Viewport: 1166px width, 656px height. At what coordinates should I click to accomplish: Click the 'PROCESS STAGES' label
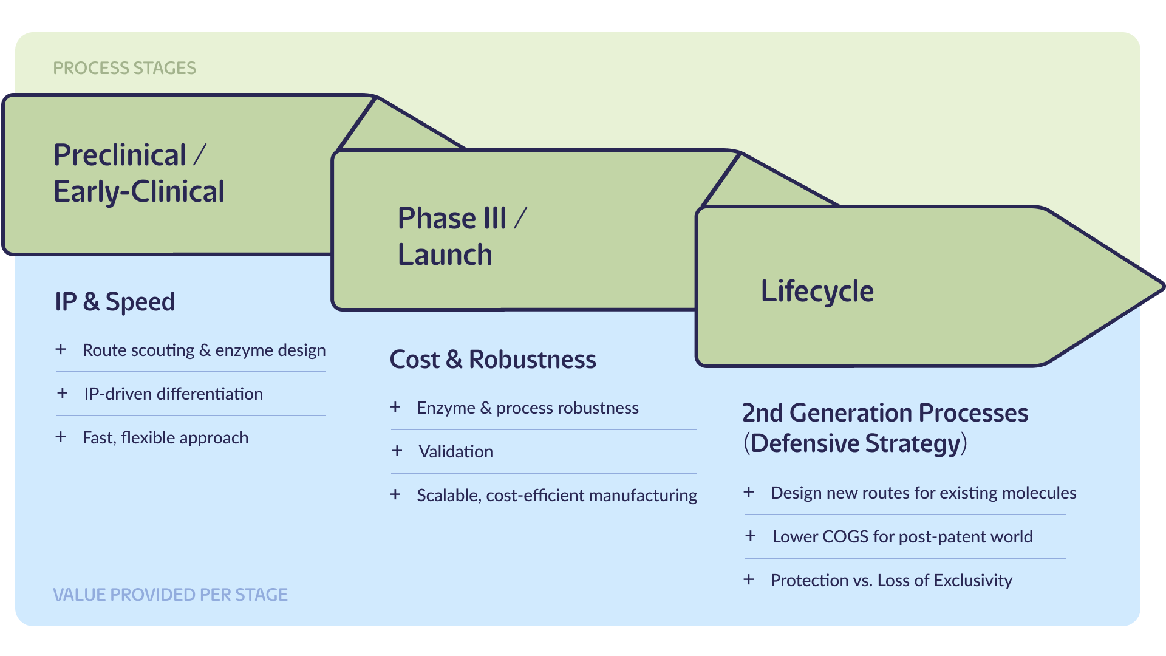124,68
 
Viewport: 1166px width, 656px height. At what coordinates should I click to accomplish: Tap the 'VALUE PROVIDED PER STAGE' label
170,595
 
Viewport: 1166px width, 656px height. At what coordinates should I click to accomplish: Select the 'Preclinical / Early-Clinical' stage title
138,173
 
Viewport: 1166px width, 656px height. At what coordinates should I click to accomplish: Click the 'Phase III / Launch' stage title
462,236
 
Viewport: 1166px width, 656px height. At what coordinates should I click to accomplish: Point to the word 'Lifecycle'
817,292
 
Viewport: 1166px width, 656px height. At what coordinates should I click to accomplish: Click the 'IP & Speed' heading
115,302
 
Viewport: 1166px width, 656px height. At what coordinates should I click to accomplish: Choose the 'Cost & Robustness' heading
493,360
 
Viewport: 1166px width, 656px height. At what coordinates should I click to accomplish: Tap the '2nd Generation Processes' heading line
885,413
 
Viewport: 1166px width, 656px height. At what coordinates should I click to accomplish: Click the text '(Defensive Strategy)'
855,443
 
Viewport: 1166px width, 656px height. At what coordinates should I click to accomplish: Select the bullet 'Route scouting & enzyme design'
204,350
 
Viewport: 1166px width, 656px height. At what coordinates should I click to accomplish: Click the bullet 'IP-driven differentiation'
173,394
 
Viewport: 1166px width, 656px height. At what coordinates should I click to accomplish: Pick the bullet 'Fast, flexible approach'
165,438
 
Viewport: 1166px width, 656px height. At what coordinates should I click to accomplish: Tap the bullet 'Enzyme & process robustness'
528,408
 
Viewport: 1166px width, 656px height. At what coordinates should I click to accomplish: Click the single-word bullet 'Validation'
455,452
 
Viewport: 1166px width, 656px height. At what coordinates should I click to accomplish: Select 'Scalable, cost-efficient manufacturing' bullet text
557,496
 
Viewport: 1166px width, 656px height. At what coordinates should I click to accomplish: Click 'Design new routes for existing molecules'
923,493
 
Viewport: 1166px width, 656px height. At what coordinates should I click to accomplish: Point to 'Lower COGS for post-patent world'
902,537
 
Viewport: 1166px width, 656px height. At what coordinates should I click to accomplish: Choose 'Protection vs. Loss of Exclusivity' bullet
891,581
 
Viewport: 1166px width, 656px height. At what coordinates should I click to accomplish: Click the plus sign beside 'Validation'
397,451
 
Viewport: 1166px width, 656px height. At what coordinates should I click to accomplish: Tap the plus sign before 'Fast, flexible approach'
61,437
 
